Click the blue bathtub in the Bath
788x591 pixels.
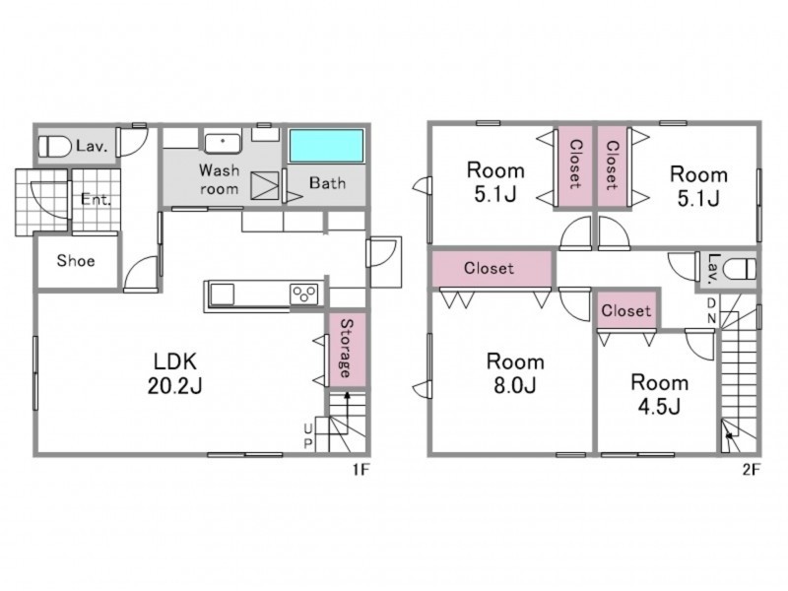coord(327,146)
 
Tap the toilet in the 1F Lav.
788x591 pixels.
coord(55,146)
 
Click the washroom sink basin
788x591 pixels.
coord(223,142)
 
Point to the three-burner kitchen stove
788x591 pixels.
coord(304,294)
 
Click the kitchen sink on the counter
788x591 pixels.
coord(222,294)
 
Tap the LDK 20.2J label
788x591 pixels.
coord(175,373)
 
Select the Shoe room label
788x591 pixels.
coord(76,260)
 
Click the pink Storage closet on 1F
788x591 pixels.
coord(347,350)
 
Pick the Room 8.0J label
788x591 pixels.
coord(515,373)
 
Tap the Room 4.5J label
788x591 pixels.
coord(659,394)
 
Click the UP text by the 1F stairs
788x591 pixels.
coord(308,435)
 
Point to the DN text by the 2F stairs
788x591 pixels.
coord(711,310)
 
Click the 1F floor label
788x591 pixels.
coord(361,470)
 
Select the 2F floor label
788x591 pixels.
coord(752,470)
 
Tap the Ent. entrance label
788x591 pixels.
coord(96,200)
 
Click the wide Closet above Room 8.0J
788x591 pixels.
coord(492,268)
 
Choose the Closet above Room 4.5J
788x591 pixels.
coord(626,310)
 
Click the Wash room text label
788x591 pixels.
coord(219,179)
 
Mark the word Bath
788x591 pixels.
coord(327,182)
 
